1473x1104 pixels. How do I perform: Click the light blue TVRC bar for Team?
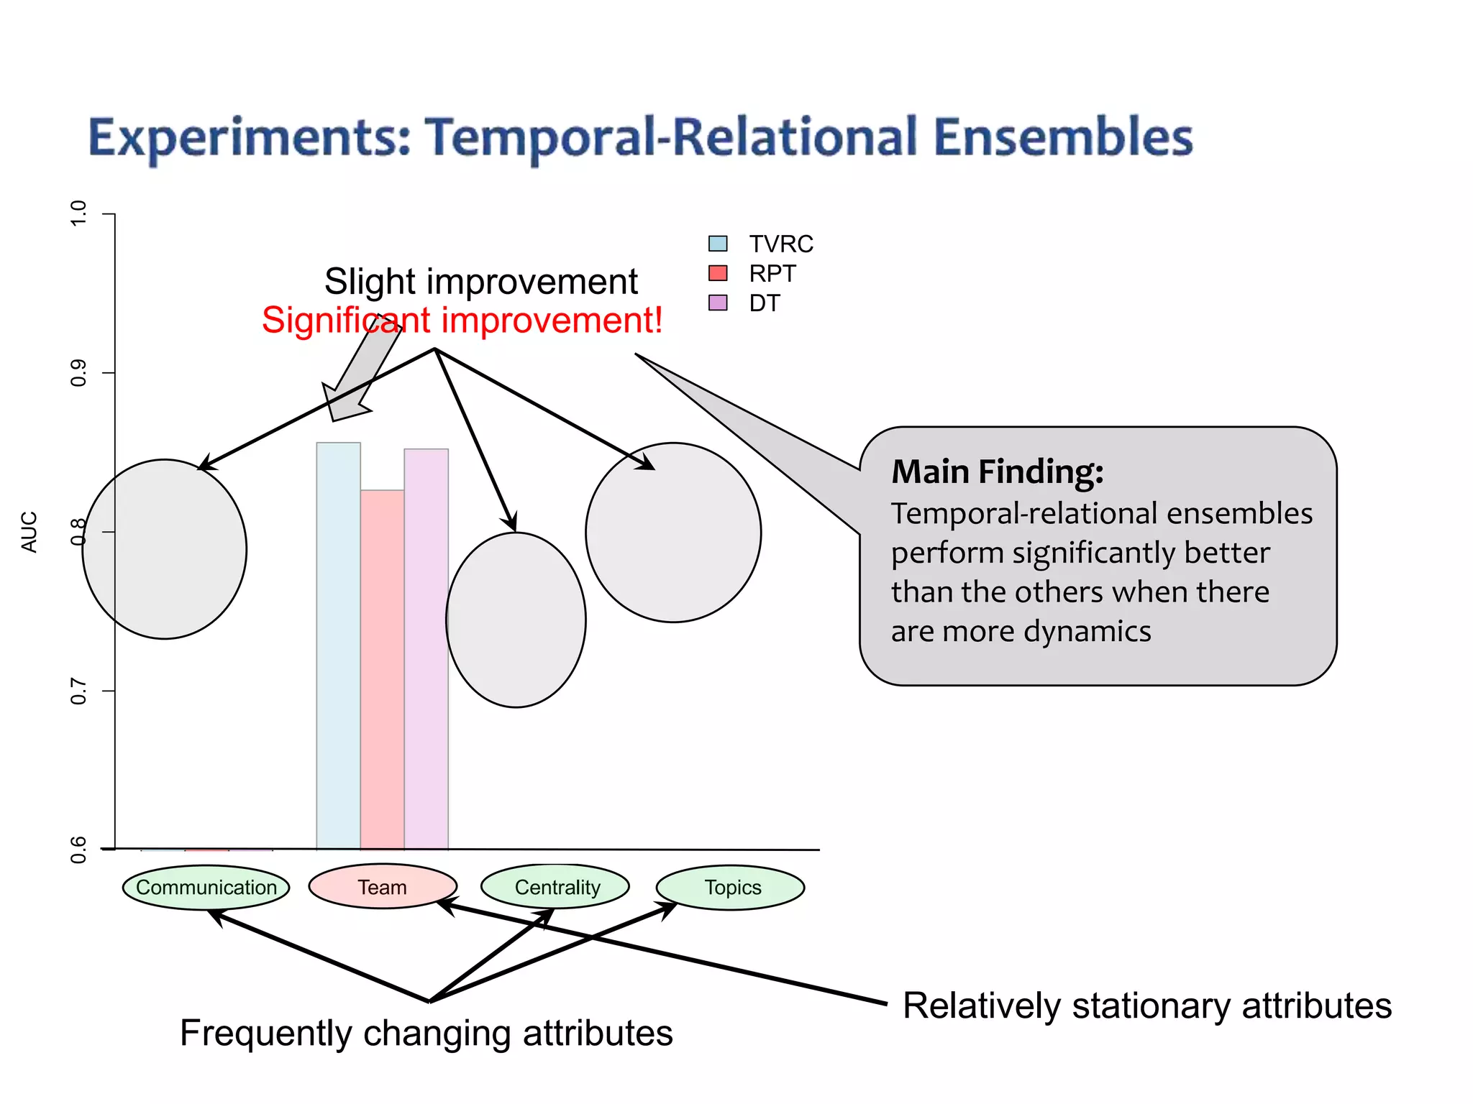(x=338, y=647)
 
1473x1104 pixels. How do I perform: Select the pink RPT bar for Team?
(x=382, y=668)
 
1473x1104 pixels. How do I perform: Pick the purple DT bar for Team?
(x=426, y=647)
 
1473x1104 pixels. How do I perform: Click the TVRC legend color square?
(x=718, y=244)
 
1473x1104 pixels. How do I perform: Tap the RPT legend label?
(x=772, y=274)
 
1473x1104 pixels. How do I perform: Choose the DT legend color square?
(x=718, y=303)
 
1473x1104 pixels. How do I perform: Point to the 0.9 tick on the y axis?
(x=108, y=372)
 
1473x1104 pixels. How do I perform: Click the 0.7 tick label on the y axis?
(x=78, y=691)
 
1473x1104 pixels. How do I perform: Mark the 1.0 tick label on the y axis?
(x=78, y=213)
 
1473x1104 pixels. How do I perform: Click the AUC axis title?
(x=29, y=532)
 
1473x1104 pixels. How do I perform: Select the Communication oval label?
(x=206, y=887)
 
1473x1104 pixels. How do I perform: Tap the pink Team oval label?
(x=383, y=887)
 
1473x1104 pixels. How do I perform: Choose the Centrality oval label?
(x=557, y=887)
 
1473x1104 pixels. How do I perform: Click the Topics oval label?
(x=732, y=887)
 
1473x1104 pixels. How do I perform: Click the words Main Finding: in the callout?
(x=997, y=472)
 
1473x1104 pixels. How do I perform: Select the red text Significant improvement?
(x=462, y=321)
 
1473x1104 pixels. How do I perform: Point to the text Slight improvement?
(x=480, y=281)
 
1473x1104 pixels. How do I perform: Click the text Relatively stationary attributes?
(x=1147, y=1006)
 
